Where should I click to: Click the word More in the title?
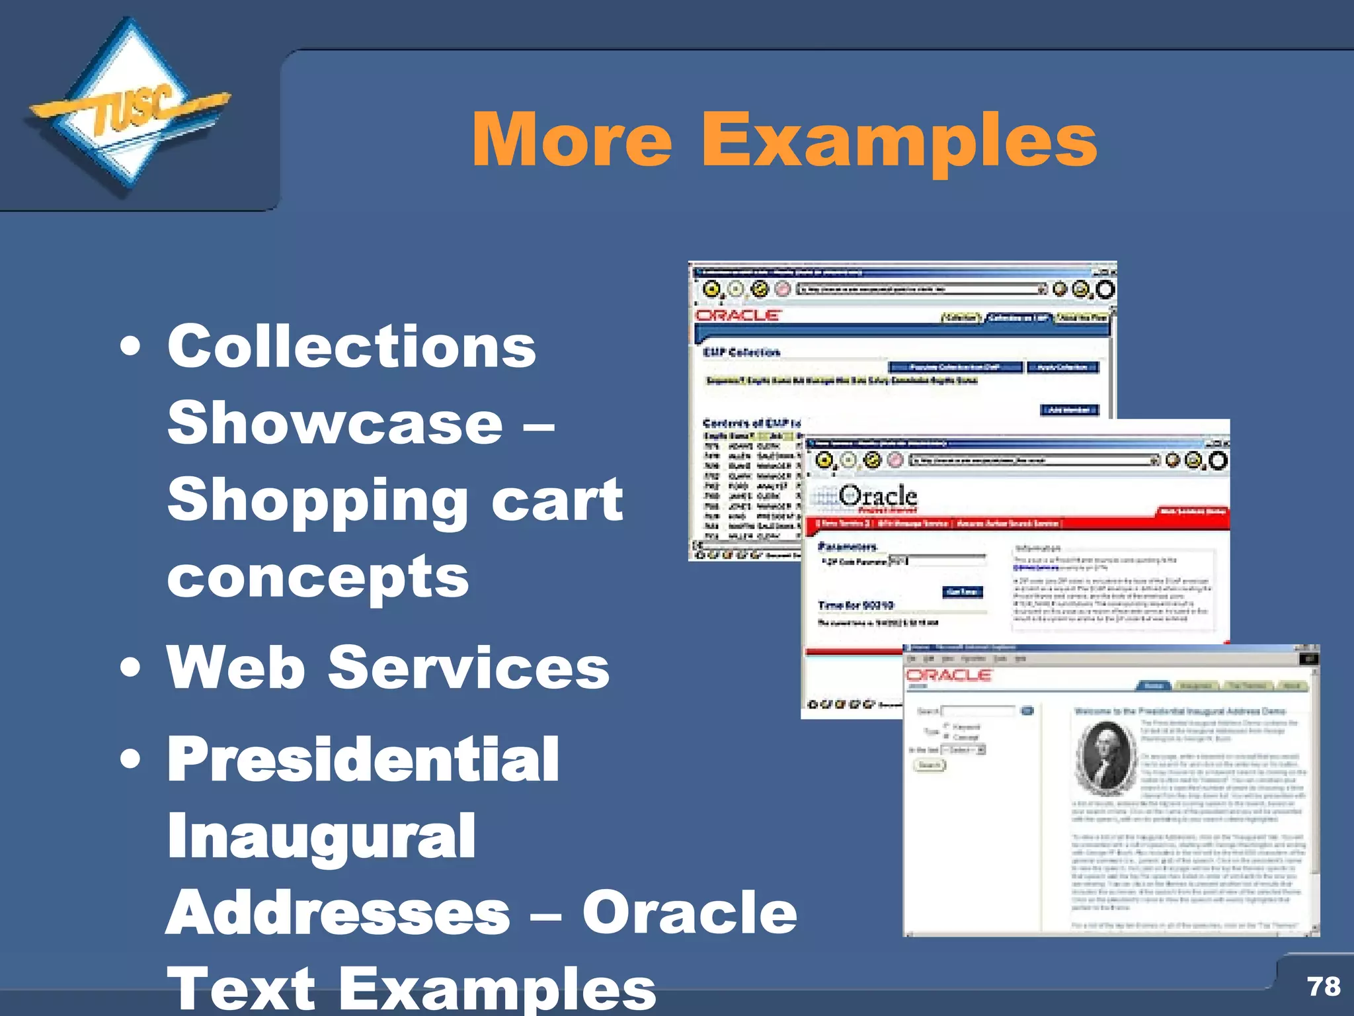point(572,140)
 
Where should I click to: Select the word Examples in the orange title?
point(898,140)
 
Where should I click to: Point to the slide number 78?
point(1324,986)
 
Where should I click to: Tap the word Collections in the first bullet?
point(351,347)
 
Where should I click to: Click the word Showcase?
point(335,423)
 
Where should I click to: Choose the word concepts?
point(318,577)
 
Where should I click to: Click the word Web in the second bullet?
point(236,668)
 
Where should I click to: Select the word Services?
point(469,668)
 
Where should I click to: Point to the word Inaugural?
point(321,837)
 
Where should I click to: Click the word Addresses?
point(338,913)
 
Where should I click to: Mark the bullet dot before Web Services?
point(131,668)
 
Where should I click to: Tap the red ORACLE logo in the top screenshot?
point(738,316)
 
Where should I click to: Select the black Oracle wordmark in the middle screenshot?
point(878,495)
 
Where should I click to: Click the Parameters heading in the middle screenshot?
point(847,546)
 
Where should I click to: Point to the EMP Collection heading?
point(741,352)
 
